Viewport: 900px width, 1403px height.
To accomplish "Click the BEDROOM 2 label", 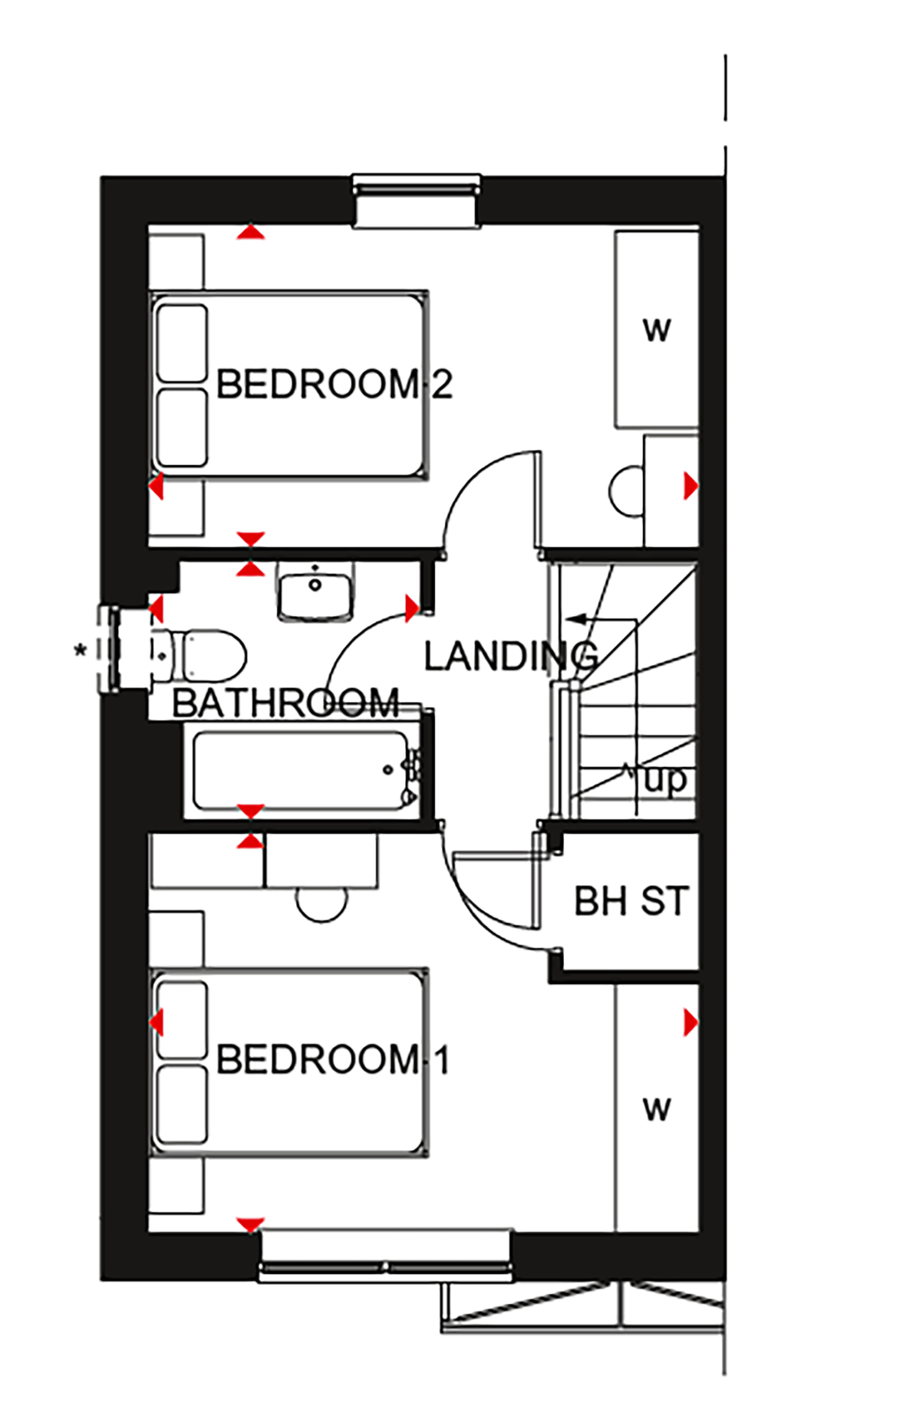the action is click(334, 384).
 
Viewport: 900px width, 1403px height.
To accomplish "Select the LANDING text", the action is click(511, 656).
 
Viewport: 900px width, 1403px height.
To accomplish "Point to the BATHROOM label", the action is click(286, 702).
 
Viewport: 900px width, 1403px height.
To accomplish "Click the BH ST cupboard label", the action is click(631, 901).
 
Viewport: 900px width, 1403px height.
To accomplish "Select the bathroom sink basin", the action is click(315, 593).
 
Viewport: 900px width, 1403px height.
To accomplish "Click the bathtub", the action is click(306, 771).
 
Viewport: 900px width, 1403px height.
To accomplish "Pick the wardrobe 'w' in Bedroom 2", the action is click(656, 330).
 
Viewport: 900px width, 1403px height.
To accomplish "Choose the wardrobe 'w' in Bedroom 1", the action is click(656, 1109).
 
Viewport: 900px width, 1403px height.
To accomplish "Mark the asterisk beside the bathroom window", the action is click(80, 650).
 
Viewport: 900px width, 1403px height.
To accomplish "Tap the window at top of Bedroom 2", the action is click(416, 201).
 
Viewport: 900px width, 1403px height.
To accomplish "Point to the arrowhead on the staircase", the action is click(572, 618).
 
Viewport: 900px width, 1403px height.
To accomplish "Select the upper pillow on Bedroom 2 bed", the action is click(182, 343).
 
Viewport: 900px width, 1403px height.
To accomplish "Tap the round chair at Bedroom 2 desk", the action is click(626, 490).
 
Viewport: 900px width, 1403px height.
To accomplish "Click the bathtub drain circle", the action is click(388, 770).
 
